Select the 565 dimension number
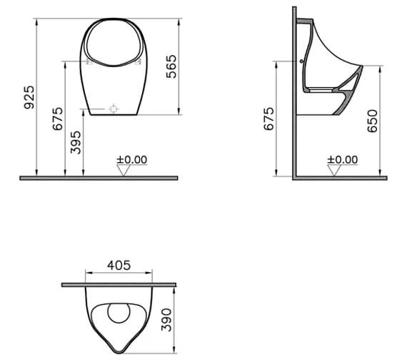[x=171, y=66]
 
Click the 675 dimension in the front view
[x=58, y=117]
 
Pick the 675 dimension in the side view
[x=268, y=117]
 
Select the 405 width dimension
[x=119, y=265]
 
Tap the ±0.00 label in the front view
[x=132, y=159]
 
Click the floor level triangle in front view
[x=124, y=170]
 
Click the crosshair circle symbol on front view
[x=113, y=109]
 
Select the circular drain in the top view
[x=119, y=314]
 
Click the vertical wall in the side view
[x=294, y=93]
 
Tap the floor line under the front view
[x=100, y=177]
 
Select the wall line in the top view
[x=119, y=285]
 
